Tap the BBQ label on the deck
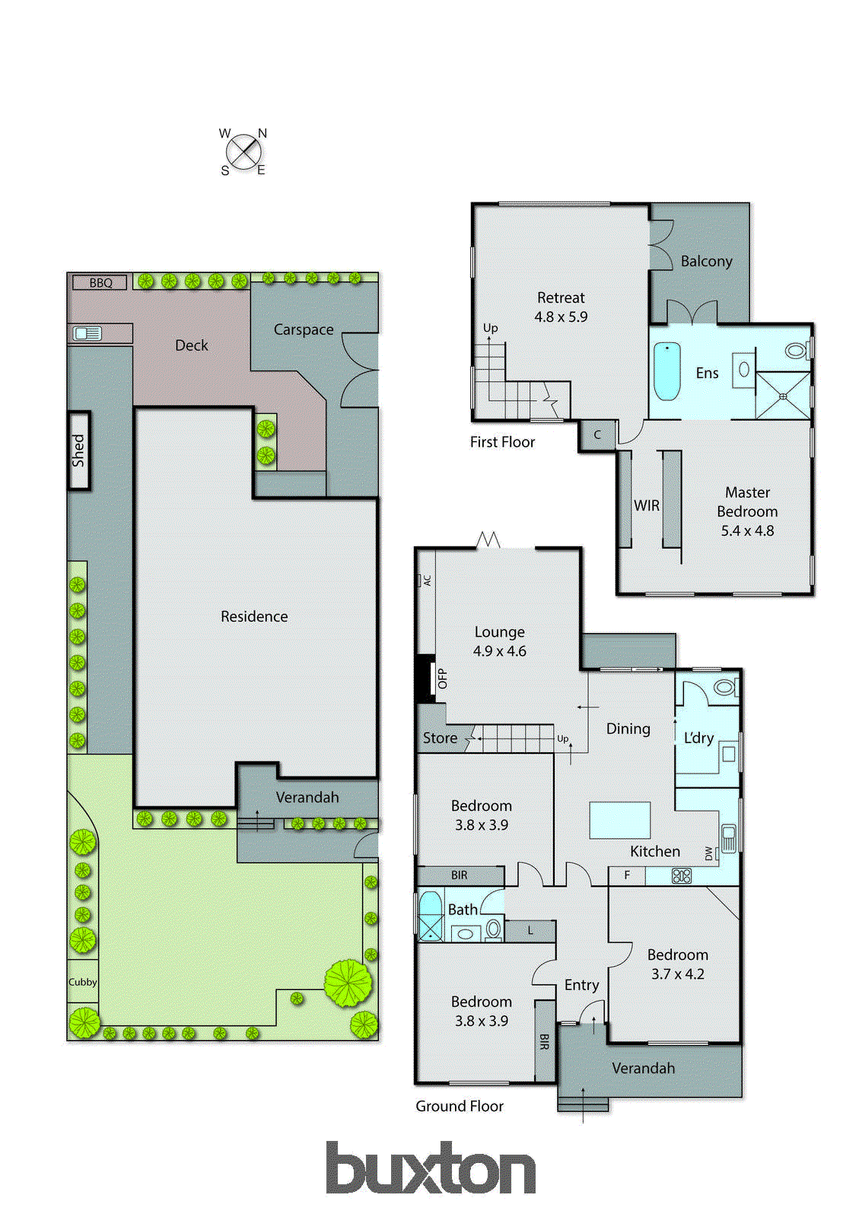click(x=100, y=283)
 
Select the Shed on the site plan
click(x=79, y=450)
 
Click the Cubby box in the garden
click(x=82, y=982)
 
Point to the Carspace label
click(x=304, y=329)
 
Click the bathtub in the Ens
click(x=667, y=371)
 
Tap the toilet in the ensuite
click(x=797, y=351)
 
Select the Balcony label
click(x=706, y=261)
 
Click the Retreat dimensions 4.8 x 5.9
click(x=561, y=317)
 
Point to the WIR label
click(x=647, y=506)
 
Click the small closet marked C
click(x=597, y=435)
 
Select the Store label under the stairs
click(x=440, y=738)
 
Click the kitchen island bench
click(x=620, y=820)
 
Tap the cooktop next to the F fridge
click(x=682, y=875)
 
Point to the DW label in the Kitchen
click(x=709, y=854)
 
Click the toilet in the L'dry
click(x=725, y=688)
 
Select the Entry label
click(x=581, y=985)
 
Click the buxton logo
click(x=431, y=1168)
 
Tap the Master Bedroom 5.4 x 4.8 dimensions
click(x=747, y=531)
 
